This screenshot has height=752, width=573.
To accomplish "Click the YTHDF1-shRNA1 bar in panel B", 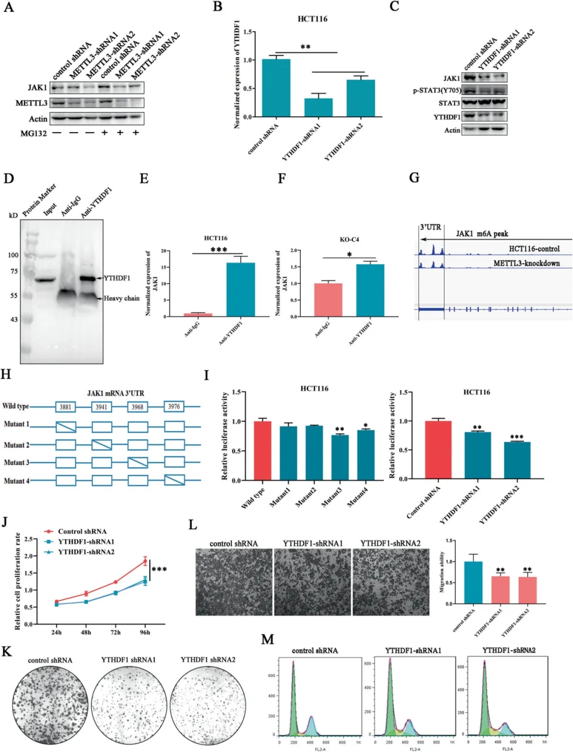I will coord(318,107).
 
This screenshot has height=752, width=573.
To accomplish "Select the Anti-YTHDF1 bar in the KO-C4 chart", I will coord(370,290).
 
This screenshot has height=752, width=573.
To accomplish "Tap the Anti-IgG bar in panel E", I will coord(198,314).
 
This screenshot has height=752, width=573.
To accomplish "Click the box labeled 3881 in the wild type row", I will coord(65,407).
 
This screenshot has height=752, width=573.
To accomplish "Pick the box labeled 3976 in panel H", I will coord(174,407).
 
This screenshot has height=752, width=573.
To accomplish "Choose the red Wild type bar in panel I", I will coord(263,451).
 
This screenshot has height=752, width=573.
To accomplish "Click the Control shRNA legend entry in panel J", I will coord(82,531).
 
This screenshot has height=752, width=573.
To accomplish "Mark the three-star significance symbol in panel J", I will coord(159,570).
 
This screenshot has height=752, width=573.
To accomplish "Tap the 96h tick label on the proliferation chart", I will coord(145,632).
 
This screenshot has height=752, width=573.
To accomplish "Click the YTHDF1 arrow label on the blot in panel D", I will coord(117,278).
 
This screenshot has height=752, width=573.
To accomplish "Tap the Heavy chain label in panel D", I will coord(121,299).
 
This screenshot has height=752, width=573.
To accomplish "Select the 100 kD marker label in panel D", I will coord(13,255).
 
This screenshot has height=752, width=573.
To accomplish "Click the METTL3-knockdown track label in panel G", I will coord(526,263).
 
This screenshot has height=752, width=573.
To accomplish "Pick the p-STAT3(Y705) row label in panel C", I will coord(437,90).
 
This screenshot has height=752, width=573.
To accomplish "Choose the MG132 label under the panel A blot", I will coord(33,133).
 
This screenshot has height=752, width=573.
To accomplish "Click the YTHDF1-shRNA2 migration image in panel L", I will coord(391,582).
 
